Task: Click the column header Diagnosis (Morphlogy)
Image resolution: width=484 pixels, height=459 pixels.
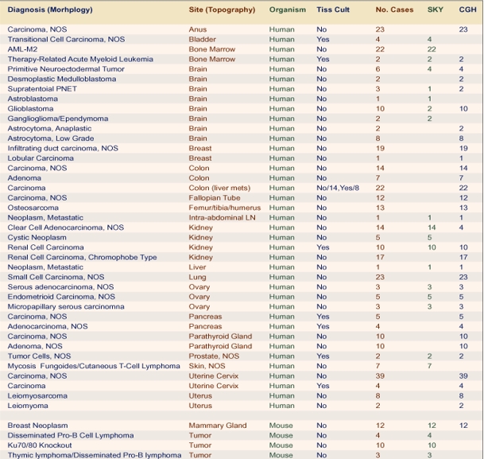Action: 49,10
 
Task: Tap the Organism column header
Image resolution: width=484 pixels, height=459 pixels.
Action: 287,10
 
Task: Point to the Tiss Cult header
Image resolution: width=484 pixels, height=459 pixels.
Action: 333,10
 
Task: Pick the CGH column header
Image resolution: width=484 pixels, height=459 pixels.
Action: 468,10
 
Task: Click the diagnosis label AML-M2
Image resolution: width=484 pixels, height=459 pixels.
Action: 23,49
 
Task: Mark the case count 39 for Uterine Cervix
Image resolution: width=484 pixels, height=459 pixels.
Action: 379,375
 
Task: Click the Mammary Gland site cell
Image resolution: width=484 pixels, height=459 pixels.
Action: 217,426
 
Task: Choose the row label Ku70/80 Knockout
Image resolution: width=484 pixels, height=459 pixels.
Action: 40,445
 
